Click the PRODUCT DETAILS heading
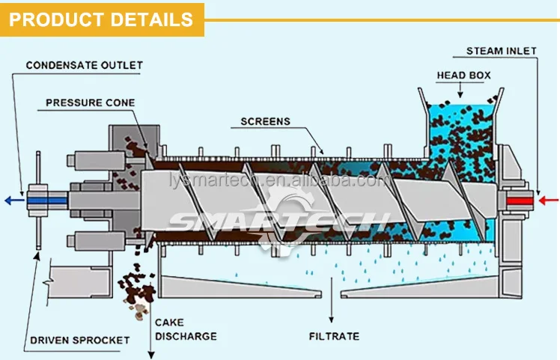pyautogui.click(x=102, y=19)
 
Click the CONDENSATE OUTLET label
pyautogui.click(x=84, y=65)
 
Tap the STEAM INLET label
pyautogui.click(x=501, y=51)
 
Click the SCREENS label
pyautogui.click(x=265, y=120)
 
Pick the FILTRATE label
pyautogui.click(x=334, y=336)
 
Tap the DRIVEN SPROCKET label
pyautogui.click(x=79, y=341)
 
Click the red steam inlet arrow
pyautogui.click(x=549, y=200)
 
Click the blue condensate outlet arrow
pyautogui.click(x=13, y=200)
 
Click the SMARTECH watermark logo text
pyautogui.click(x=279, y=221)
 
